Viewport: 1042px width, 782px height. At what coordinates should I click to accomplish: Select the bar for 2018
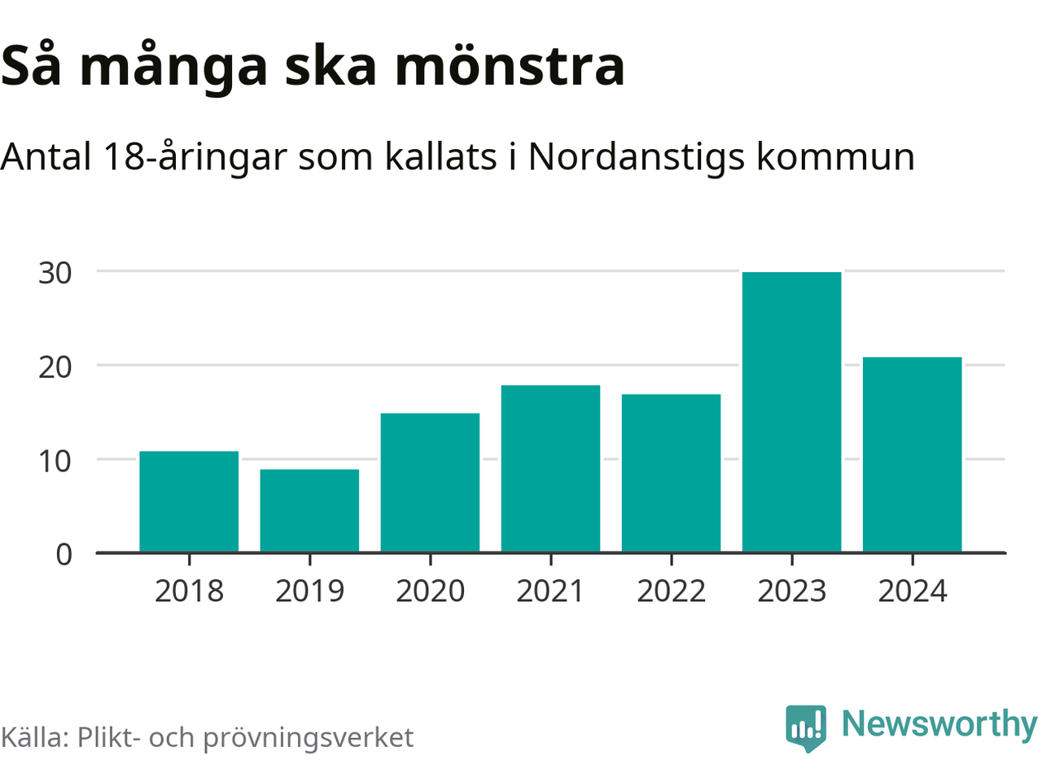(189, 502)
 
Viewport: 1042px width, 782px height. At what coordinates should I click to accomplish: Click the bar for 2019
(309, 511)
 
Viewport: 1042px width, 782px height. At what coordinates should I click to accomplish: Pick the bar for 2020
(430, 483)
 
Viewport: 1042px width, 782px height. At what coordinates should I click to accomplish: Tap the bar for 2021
(550, 469)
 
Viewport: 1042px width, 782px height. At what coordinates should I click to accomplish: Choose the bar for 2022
(671, 473)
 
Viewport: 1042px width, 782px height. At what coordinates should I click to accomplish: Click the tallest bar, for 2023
(791, 412)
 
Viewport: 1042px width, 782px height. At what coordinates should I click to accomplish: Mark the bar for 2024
(912, 455)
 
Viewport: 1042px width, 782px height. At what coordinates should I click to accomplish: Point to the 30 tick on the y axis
(55, 273)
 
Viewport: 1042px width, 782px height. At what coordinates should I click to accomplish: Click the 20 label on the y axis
(55, 367)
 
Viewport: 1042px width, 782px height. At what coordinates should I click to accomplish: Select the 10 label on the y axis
(55, 461)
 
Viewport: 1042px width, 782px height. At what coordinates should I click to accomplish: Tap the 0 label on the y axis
(64, 555)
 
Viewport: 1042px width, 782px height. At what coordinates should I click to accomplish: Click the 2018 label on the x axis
(189, 591)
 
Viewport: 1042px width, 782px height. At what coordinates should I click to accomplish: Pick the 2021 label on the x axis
(550, 591)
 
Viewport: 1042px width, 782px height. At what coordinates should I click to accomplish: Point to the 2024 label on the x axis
(912, 591)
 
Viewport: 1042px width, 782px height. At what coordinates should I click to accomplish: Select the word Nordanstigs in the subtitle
(636, 156)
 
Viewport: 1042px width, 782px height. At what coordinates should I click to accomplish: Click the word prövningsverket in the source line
(308, 738)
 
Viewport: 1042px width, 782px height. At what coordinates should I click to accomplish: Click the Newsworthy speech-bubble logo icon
(806, 727)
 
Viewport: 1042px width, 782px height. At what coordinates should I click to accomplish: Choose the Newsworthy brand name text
(939, 724)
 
